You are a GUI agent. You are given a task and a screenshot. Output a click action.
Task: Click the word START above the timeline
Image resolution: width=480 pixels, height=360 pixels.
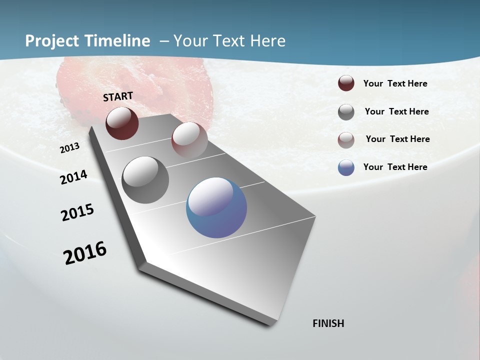tap(118, 96)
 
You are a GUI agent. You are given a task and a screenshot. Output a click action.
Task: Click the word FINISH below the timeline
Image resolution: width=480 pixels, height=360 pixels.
tap(328, 323)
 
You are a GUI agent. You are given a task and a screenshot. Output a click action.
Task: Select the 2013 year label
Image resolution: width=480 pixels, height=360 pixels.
tap(70, 148)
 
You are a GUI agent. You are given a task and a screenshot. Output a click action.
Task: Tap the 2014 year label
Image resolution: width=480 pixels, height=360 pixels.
tap(73, 177)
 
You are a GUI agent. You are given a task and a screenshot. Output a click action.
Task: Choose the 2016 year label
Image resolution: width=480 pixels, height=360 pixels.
tap(85, 252)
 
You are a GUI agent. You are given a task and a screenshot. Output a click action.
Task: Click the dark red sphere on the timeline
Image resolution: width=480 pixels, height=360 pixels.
tap(122, 123)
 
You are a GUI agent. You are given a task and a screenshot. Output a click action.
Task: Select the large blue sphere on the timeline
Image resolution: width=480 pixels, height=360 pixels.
tap(216, 207)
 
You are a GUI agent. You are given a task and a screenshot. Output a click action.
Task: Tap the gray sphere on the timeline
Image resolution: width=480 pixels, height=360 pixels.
tap(145, 180)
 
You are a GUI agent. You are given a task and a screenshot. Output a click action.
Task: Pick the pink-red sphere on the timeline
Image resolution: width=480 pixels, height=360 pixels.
tap(189, 140)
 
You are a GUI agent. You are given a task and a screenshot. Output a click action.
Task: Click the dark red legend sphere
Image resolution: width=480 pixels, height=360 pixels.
tap(346, 83)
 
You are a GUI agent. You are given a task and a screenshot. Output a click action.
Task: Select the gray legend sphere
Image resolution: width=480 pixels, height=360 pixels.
tap(346, 112)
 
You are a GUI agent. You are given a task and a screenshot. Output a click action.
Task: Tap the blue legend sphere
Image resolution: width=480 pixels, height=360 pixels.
tap(346, 167)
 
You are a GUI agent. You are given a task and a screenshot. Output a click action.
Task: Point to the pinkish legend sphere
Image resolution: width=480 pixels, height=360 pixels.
tap(346, 140)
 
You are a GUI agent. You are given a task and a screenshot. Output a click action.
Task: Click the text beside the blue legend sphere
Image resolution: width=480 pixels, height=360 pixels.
tap(395, 167)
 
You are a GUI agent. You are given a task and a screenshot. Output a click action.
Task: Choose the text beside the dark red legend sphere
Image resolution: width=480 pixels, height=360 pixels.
tap(395, 83)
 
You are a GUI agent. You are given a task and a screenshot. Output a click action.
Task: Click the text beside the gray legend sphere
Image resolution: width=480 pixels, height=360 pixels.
tap(396, 111)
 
